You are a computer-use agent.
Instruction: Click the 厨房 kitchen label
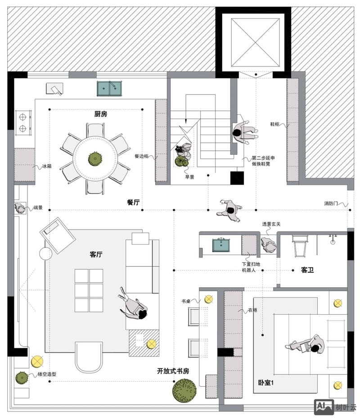point(101,114)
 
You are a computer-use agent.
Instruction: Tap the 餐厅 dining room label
point(133,202)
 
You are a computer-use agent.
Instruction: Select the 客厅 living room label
point(96,254)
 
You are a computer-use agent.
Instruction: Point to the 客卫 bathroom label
point(307,270)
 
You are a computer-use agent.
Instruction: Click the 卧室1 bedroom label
point(265,383)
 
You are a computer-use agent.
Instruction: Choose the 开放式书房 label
point(173,371)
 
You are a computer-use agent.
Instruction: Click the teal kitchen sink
point(109,88)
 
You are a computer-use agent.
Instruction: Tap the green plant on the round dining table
point(95,158)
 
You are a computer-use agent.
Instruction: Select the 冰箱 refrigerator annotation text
point(47,167)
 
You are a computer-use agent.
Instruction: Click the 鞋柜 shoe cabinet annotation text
point(274,124)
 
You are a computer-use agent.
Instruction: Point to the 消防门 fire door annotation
point(331,203)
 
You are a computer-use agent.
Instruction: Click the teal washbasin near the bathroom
point(221,245)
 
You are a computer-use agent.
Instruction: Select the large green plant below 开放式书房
point(184,390)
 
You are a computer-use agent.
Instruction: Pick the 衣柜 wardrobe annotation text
point(252,310)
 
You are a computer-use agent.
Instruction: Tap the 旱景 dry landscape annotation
point(189,177)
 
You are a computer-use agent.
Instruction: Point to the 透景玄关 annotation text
point(271,224)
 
